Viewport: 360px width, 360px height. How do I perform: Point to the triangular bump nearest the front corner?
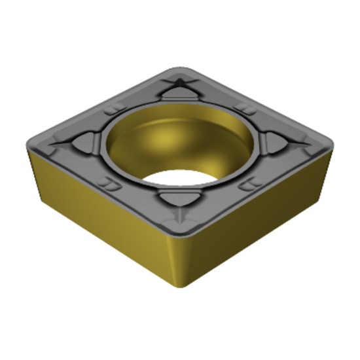(x=178, y=200)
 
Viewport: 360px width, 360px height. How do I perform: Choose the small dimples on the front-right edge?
(x=249, y=185)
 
